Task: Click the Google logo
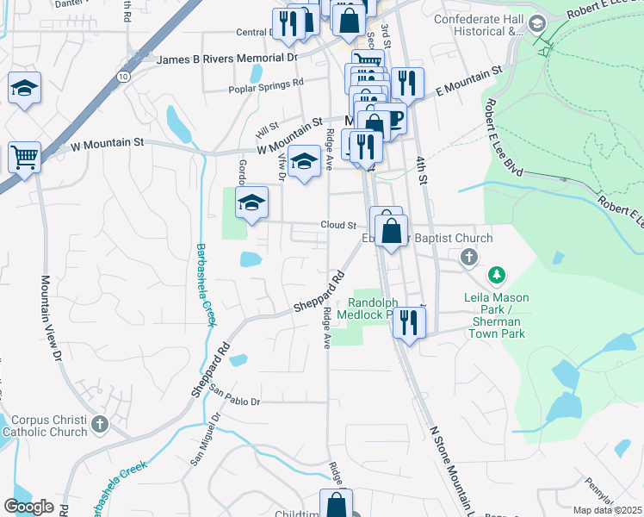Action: pos(29,507)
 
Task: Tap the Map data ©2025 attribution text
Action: pos(608,510)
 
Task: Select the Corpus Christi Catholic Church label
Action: pos(45,425)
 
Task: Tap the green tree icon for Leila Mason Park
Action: pos(497,276)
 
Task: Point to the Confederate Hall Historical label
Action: pos(479,26)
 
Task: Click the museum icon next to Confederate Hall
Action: pos(539,23)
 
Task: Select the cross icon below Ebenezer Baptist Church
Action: pos(468,257)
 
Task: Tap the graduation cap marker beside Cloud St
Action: pos(251,202)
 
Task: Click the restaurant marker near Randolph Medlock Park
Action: pos(409,323)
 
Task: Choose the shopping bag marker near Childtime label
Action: pos(337,504)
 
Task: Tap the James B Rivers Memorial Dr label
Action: pos(227,59)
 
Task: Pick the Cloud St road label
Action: pos(338,225)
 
